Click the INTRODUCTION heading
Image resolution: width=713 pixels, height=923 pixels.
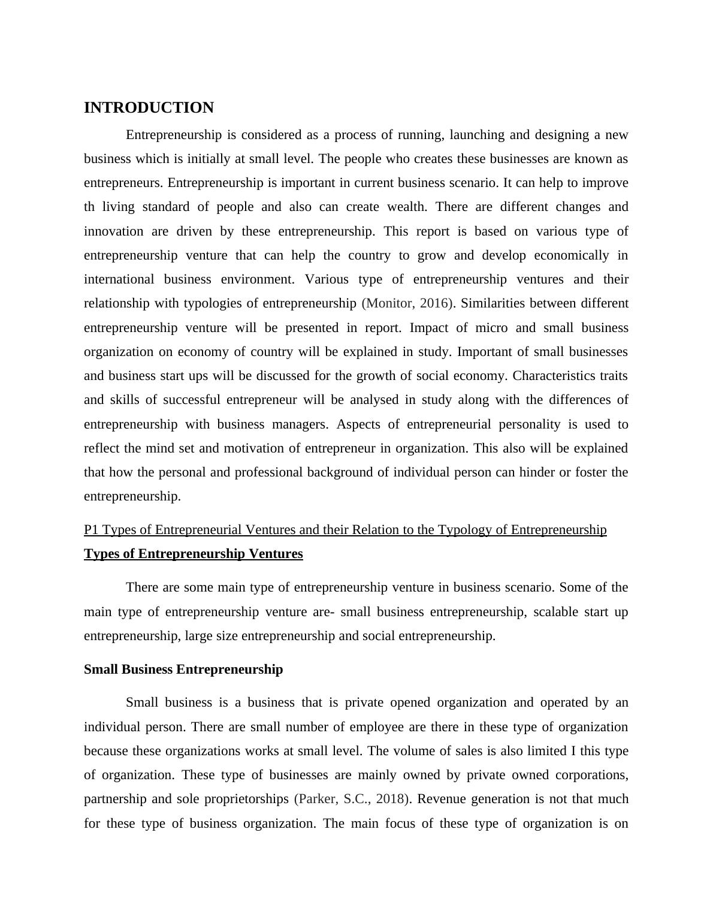point(149,108)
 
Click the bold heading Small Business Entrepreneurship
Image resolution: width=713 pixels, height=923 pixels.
point(183,669)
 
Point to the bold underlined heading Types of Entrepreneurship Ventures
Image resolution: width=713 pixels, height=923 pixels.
point(193,554)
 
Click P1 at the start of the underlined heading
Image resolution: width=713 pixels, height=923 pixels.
point(91,530)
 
